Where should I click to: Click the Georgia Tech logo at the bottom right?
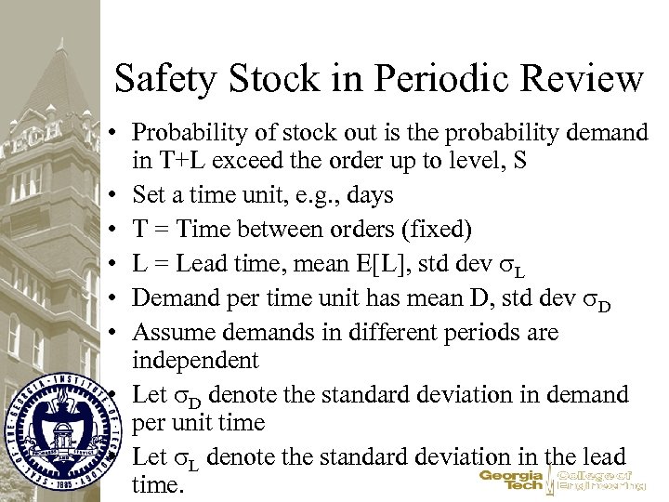coord(561,478)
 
